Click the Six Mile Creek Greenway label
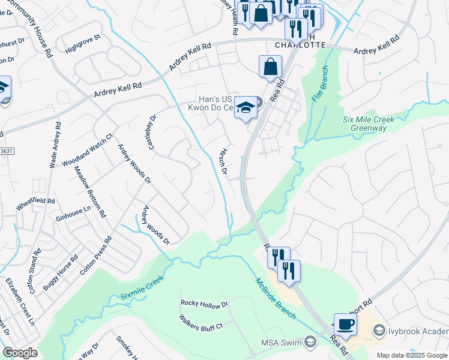coord(369,124)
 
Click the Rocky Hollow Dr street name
coord(205,305)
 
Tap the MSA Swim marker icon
coord(310,343)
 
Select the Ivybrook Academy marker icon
coord(379,330)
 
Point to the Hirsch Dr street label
coord(224,161)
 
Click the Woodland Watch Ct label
coord(86,150)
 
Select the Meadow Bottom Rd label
coord(89,190)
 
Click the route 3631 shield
coord(5,151)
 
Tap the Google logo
coord(20,353)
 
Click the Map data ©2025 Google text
coord(412,355)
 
